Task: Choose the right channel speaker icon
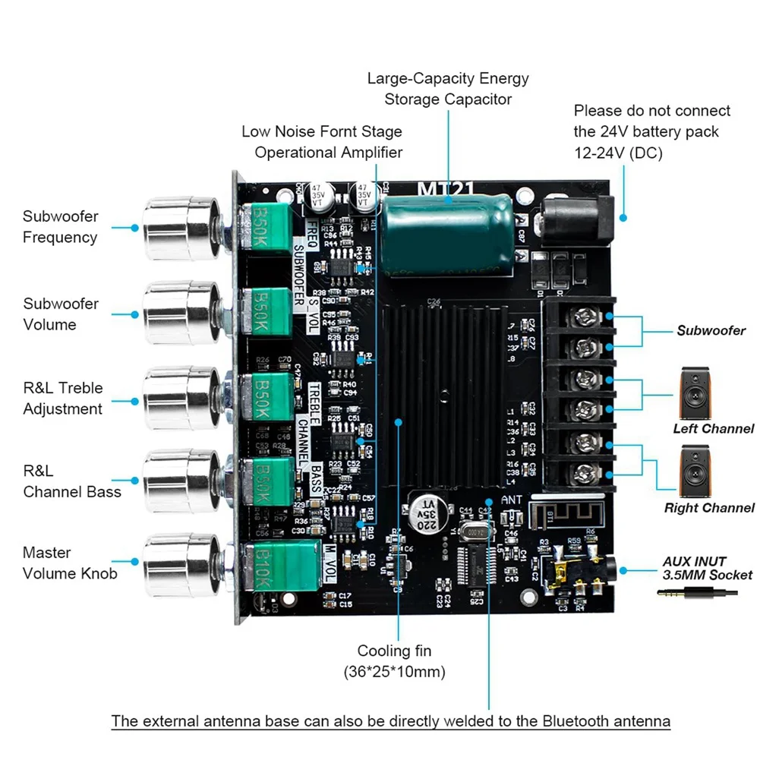[696, 471]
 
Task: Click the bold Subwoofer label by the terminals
[711, 330]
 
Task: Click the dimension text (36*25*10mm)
[395, 671]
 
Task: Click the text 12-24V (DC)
[618, 152]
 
